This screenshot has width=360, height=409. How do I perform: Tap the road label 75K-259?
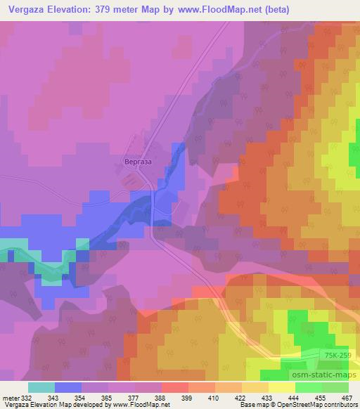339,358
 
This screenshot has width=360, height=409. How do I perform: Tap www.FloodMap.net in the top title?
210,9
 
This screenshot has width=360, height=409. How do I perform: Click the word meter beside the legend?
11,398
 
